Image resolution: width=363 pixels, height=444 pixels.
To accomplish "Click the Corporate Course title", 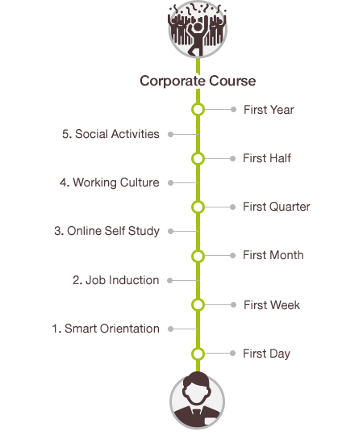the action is point(198,81).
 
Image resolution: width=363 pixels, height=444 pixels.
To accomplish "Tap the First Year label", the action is point(269,110).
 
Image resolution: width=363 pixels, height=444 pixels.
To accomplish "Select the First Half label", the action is point(267,158).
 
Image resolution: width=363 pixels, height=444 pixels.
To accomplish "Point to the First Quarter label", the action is point(277,207).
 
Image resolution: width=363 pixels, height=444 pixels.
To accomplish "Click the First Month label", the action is point(273,255).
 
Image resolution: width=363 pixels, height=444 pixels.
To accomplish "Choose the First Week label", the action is point(272,305).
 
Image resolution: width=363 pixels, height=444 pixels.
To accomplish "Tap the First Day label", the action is point(266,354).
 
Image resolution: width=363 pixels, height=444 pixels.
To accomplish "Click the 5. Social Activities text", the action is point(111,134).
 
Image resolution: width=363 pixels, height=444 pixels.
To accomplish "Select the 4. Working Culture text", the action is point(110,183).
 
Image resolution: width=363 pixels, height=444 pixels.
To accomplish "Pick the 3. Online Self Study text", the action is point(106,232).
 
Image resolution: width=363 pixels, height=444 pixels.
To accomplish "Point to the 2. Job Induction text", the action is point(115,280).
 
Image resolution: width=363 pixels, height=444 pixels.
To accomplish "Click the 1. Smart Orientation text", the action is point(106,329).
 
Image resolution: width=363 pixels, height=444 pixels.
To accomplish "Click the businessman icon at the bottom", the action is point(197,400).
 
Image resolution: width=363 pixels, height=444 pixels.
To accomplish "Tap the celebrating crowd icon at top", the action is point(198,29).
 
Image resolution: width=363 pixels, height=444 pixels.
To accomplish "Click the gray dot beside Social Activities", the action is point(170,134).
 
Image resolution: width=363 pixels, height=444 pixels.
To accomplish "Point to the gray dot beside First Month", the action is point(232,256).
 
